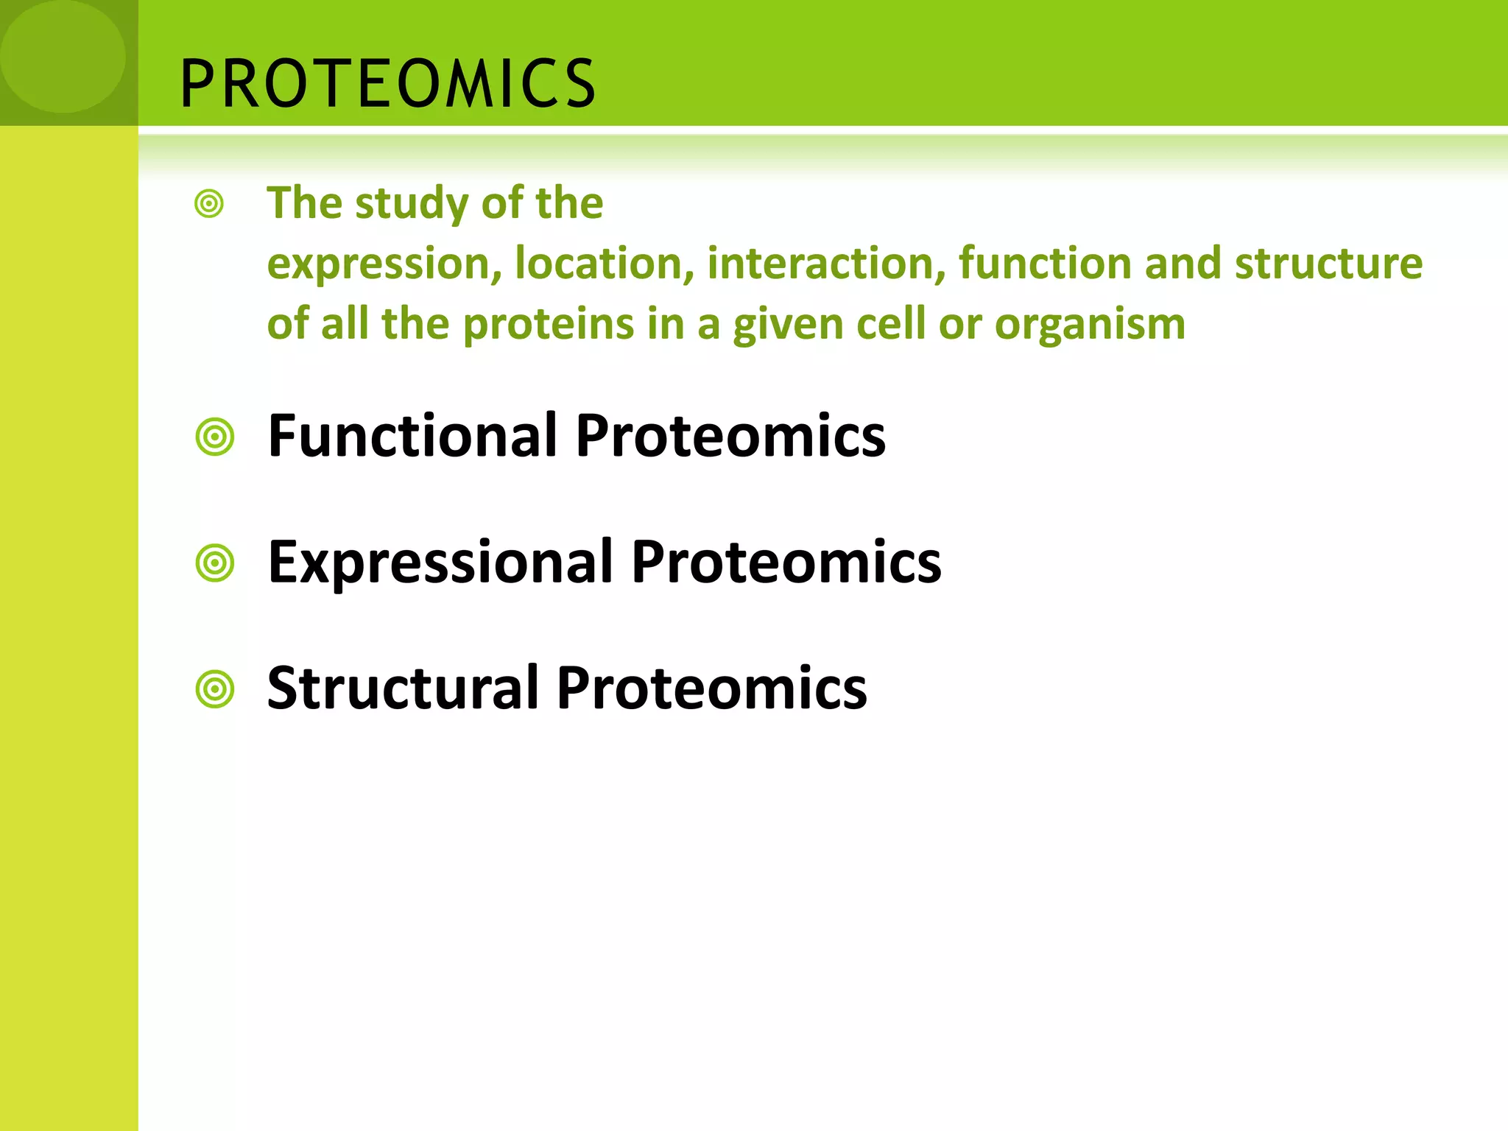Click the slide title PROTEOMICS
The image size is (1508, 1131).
click(x=387, y=83)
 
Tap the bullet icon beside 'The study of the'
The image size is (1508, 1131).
click(x=209, y=203)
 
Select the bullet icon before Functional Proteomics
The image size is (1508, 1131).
click(x=215, y=437)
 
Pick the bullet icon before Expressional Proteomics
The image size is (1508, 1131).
click(x=215, y=564)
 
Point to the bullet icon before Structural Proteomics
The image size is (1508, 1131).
click(x=215, y=690)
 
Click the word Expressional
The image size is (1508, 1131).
click(x=440, y=563)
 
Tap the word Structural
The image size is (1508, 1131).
click(x=403, y=688)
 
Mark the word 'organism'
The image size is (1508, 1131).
click(x=1090, y=325)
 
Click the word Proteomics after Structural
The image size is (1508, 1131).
click(x=711, y=688)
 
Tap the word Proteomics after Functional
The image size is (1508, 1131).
click(x=730, y=436)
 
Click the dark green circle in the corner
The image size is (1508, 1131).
click(x=63, y=56)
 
